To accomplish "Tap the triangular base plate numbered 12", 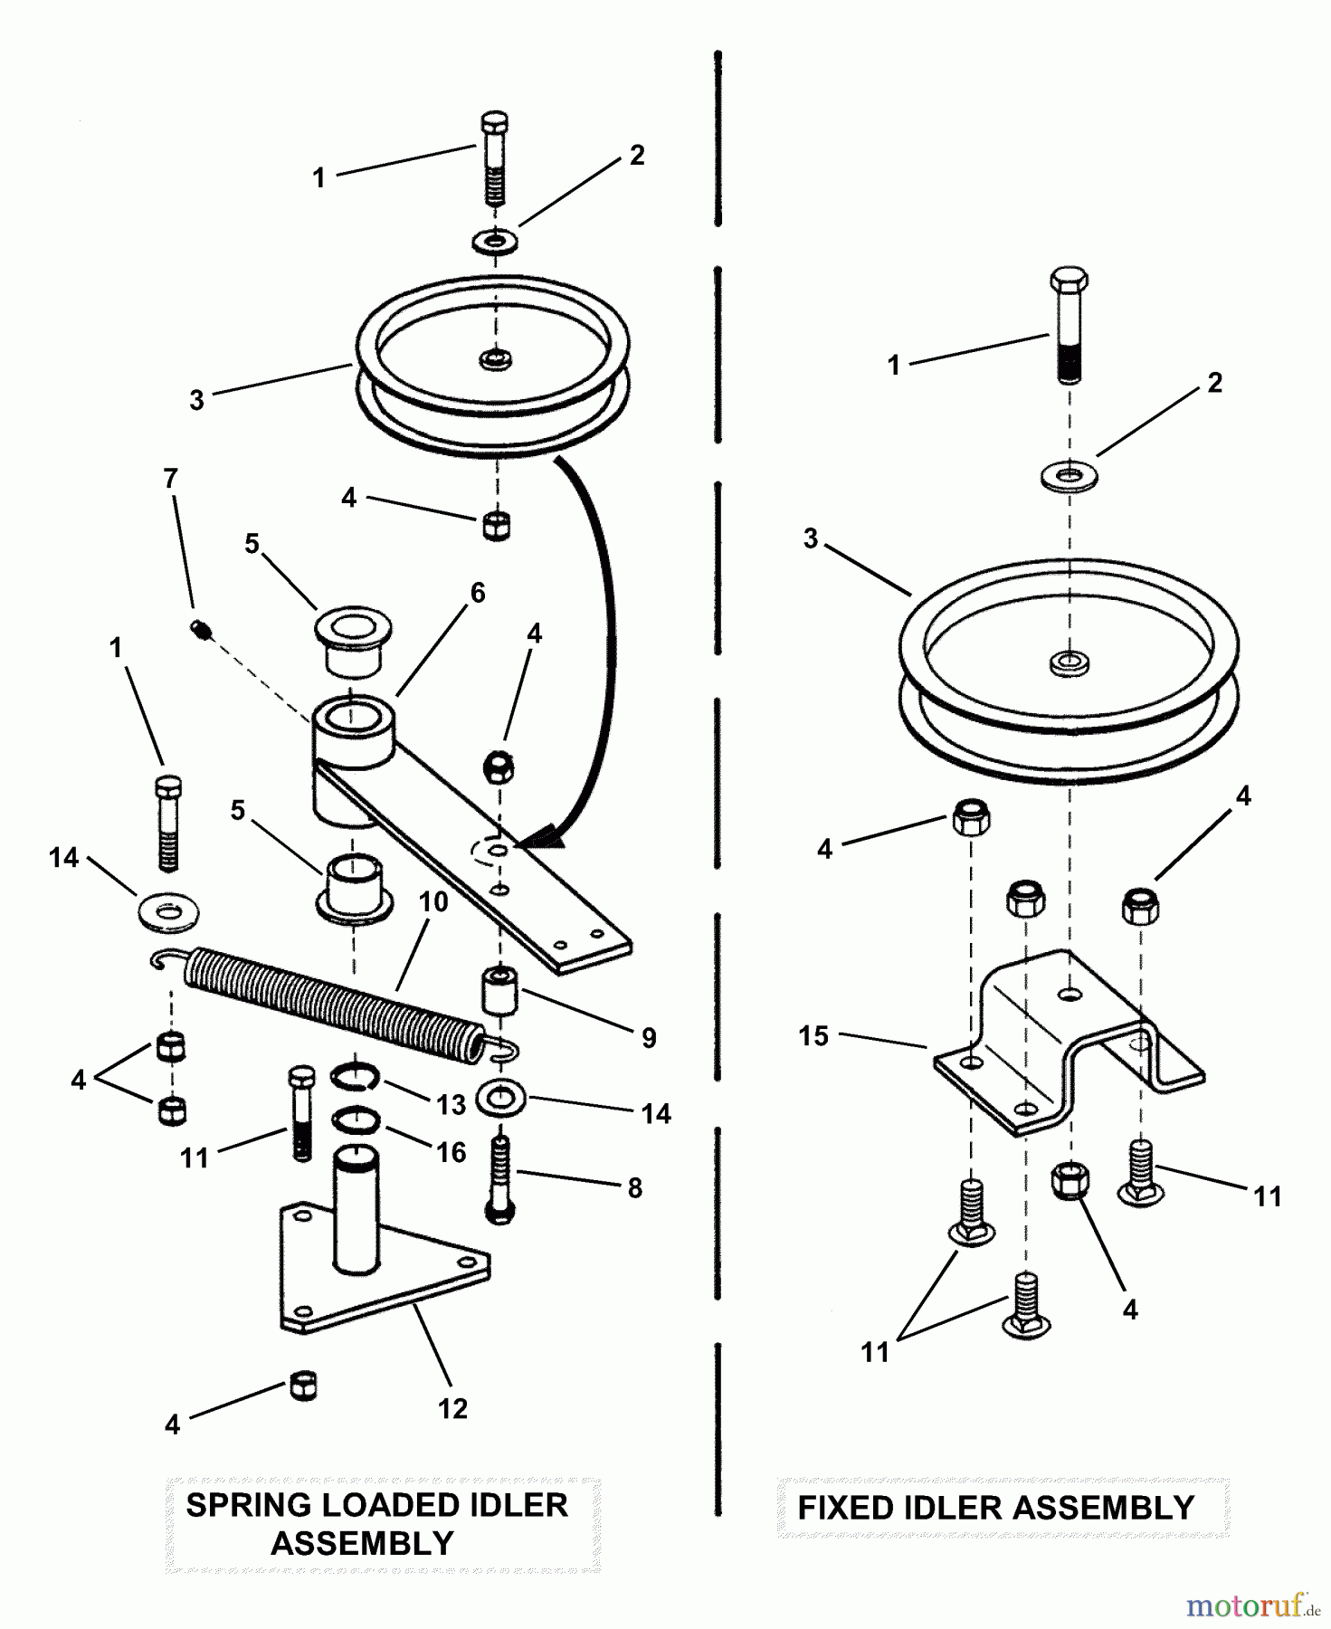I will point(385,1277).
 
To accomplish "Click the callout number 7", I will point(170,479).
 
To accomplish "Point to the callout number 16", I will point(452,1152).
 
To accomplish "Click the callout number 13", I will point(452,1104).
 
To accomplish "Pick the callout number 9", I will point(648,1037).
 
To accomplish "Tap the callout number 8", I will point(635,1187).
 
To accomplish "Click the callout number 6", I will point(477,593).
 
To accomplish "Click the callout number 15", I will point(813,1036).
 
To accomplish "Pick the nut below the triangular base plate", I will point(303,1386).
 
